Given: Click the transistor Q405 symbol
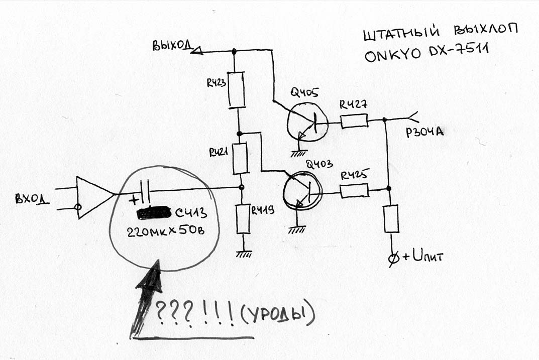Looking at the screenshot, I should (x=307, y=124).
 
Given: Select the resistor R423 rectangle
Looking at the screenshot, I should (x=236, y=89).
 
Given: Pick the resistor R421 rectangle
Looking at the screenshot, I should (x=241, y=159).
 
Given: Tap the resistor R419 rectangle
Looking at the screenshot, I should (x=243, y=219).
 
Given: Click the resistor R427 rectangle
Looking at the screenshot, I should (x=354, y=121).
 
